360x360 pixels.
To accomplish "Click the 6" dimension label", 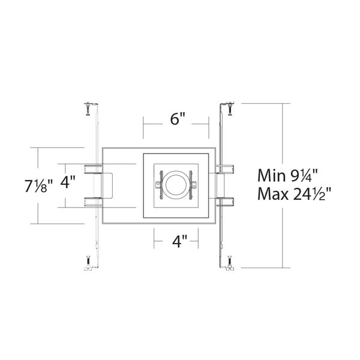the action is click(x=178, y=119).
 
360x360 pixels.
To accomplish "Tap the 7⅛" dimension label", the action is click(x=39, y=186).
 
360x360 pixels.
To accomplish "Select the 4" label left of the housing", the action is click(x=68, y=182).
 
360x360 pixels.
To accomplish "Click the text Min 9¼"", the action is click(x=287, y=176).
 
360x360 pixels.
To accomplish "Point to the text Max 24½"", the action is click(x=295, y=194).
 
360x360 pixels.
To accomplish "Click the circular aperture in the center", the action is click(x=176, y=185).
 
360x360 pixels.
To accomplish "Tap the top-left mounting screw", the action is click(x=88, y=109).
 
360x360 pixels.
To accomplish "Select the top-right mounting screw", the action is click(x=230, y=109).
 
